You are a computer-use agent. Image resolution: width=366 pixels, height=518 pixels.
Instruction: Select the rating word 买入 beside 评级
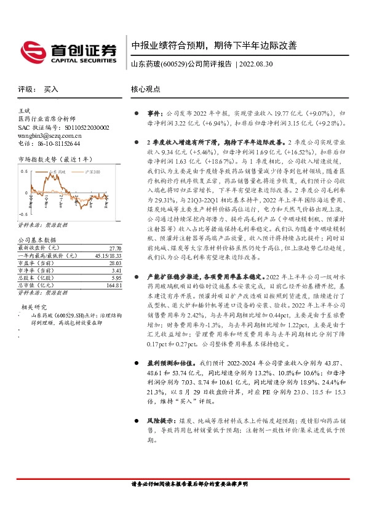click(50, 89)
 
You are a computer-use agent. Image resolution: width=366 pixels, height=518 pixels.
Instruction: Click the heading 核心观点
click(146, 89)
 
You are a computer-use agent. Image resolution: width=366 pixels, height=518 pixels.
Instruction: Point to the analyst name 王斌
click(24, 110)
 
